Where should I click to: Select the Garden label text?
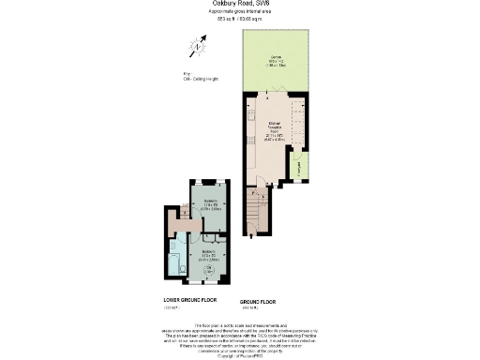pyautogui.click(x=275, y=59)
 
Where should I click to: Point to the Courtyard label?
pyautogui.click(x=298, y=169)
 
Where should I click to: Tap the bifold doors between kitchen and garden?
pyautogui.click(x=275, y=94)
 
